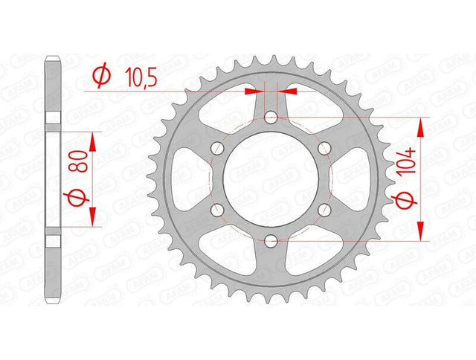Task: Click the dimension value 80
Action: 82,161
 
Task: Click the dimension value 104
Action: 407,161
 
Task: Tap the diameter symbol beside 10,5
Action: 101,75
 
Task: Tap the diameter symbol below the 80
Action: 76,198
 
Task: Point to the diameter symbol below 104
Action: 405,200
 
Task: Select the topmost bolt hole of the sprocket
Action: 271,118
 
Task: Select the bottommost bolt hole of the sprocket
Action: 271,241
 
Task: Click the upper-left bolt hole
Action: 217,148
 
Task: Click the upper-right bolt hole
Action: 324,148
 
